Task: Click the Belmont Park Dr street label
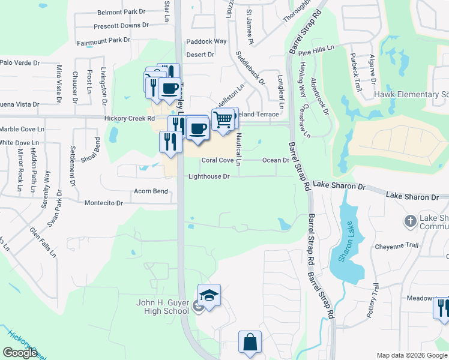point(121,11)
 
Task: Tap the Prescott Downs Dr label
point(121,25)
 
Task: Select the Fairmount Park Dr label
point(103,40)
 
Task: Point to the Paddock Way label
point(206,41)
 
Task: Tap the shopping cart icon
point(223,119)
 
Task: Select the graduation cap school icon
point(209,296)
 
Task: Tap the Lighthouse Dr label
point(209,176)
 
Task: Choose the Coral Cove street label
point(217,160)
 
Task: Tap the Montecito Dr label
point(103,203)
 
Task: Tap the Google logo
point(20,352)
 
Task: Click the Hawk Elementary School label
point(411,95)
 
